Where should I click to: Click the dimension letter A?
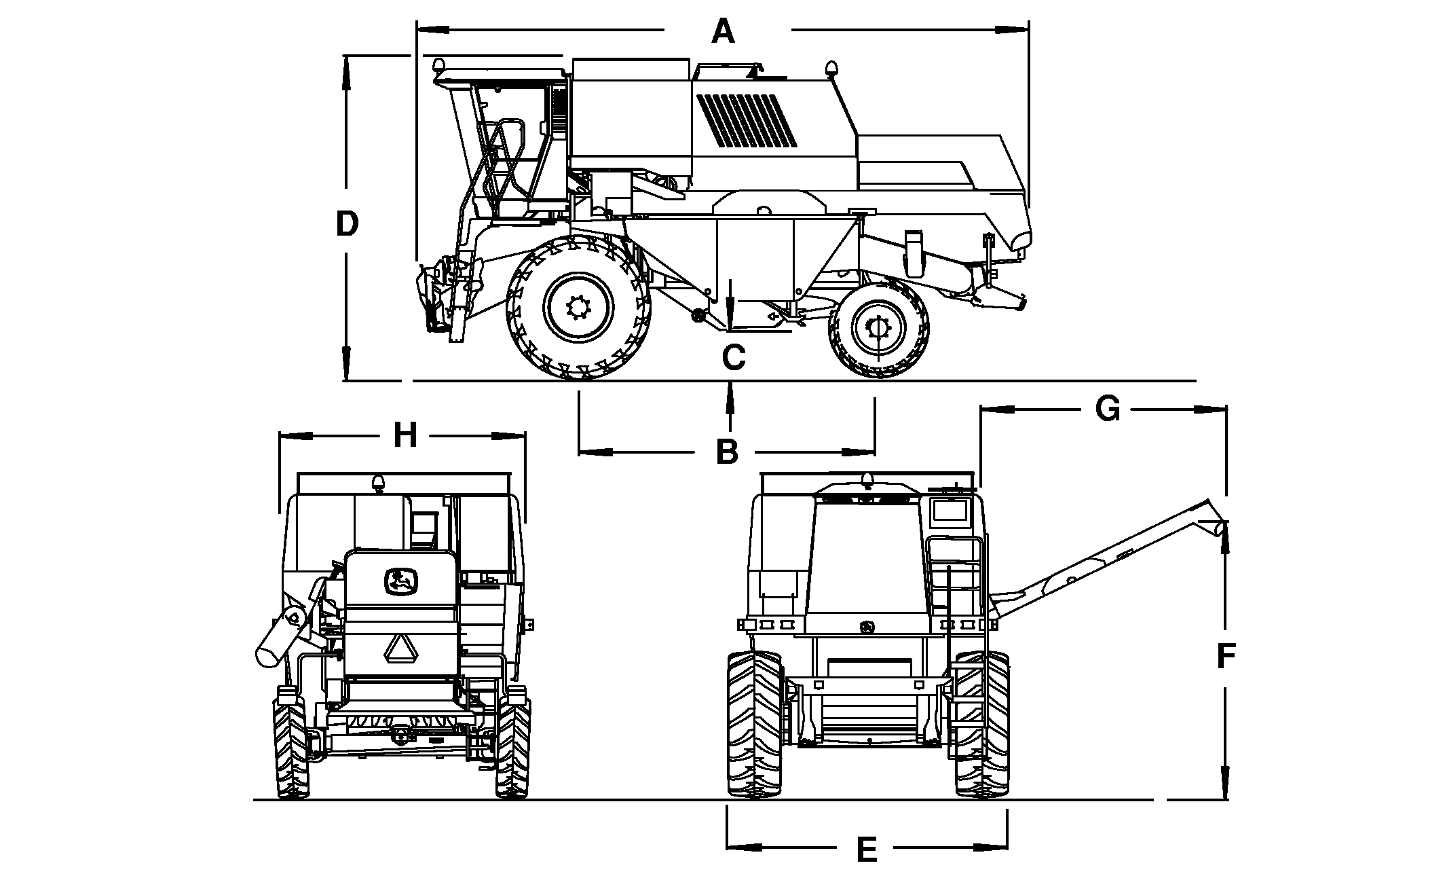(724, 31)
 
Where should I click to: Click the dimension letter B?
(727, 452)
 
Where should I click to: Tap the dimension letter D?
(348, 224)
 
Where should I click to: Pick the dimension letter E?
(867, 850)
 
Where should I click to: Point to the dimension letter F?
(1226, 656)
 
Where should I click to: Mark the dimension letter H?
(405, 435)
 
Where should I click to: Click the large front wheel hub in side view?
(579, 308)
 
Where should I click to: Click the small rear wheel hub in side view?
(878, 329)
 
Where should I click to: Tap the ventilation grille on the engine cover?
(747, 120)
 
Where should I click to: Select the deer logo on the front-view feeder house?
(401, 581)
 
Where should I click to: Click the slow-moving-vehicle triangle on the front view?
(400, 649)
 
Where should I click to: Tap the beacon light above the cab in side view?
(439, 66)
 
